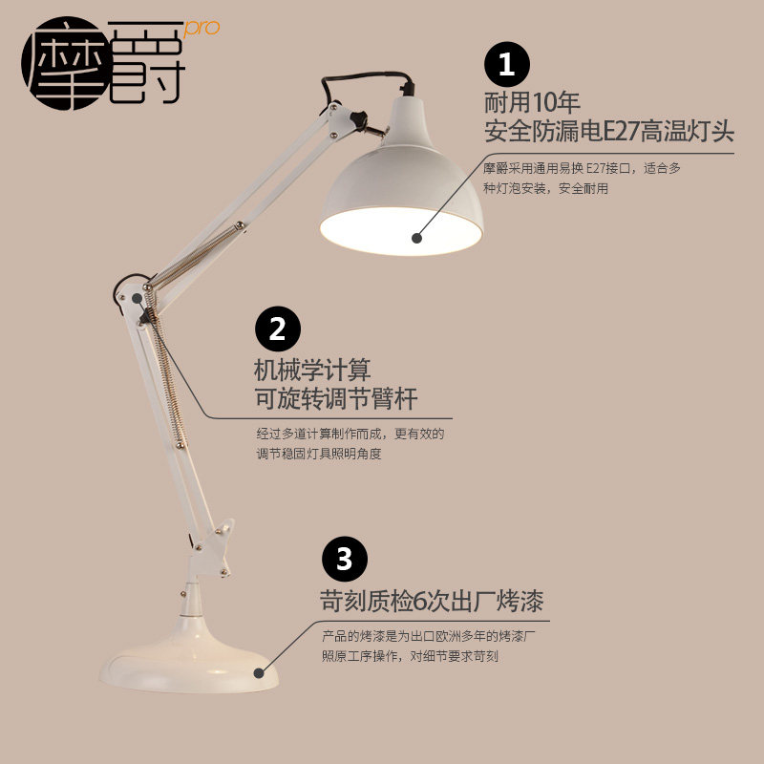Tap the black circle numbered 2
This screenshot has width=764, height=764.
coord(277,329)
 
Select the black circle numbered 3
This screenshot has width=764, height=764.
coord(343,557)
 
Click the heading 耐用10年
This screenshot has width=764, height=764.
coord(533,100)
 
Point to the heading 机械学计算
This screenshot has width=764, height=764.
coord(312,368)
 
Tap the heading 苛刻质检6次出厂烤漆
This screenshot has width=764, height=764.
coord(432,602)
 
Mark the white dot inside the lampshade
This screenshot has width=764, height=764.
coord(416,237)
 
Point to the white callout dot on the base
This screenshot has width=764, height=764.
coord(257,672)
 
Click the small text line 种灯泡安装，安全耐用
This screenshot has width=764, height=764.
coord(545,189)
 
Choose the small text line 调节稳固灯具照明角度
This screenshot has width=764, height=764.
coord(319,455)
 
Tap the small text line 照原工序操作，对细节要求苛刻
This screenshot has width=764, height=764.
coord(411,656)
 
